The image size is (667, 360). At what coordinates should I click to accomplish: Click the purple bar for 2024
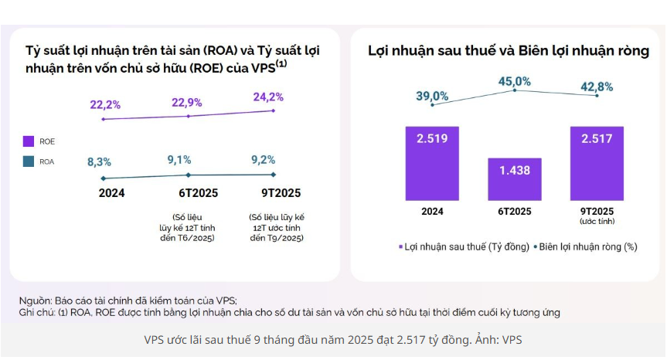pyautogui.click(x=432, y=163)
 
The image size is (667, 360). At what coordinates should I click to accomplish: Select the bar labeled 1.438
pyautogui.click(x=514, y=179)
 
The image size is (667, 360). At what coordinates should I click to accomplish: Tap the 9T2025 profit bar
pyautogui.click(x=597, y=163)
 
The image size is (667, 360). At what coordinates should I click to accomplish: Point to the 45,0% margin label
pyautogui.click(x=514, y=81)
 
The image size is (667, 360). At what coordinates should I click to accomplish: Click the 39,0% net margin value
pyautogui.click(x=432, y=96)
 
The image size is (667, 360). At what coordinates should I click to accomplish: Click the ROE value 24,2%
pyautogui.click(x=268, y=97)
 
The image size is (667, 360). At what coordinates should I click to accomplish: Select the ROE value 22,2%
pyautogui.click(x=105, y=105)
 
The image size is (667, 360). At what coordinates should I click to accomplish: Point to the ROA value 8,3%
pyautogui.click(x=99, y=161)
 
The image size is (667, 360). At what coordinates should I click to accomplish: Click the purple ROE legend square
pyautogui.click(x=29, y=141)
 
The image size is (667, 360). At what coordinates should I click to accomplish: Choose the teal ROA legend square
pyautogui.click(x=29, y=162)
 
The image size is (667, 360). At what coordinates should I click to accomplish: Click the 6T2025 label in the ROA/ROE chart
pyautogui.click(x=187, y=193)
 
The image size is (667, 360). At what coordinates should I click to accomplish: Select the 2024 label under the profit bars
pyautogui.click(x=432, y=211)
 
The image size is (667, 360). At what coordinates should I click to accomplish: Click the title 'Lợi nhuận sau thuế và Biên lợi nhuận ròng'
pyautogui.click(x=508, y=51)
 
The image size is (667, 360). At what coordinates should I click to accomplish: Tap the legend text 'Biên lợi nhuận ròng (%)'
pyautogui.click(x=588, y=246)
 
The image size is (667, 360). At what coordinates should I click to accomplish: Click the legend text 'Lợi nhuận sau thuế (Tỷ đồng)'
pyautogui.click(x=467, y=246)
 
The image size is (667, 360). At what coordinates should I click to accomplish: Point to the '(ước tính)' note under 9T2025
pyautogui.click(x=597, y=222)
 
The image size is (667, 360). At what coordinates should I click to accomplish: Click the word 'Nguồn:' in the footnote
pyautogui.click(x=35, y=300)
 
